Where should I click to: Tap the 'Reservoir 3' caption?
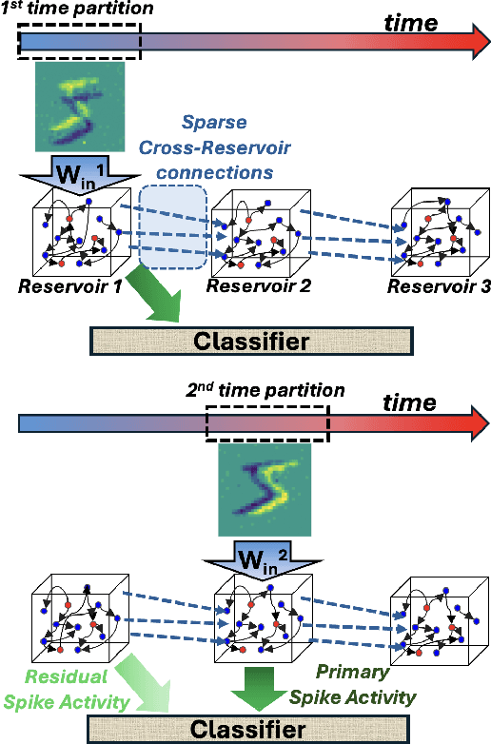point(436,286)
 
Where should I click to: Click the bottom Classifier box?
point(251,730)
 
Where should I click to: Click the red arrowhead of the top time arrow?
point(469,44)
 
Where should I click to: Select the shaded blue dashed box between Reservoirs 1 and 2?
point(173,226)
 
